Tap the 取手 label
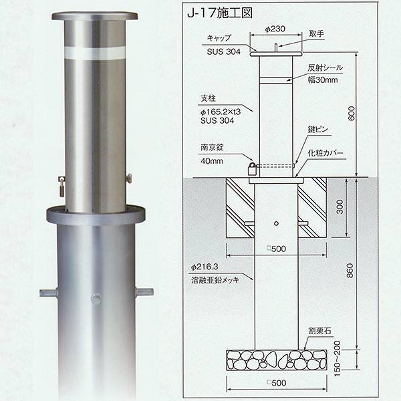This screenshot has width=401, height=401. pos(317,33)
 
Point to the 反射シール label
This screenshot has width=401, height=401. pos(325,69)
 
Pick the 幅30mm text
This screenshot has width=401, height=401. pos(325,80)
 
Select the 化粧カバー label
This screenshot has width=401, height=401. pos(326,153)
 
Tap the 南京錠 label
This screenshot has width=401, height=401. pos(211,148)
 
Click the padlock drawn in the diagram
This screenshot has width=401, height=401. pos(251,168)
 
